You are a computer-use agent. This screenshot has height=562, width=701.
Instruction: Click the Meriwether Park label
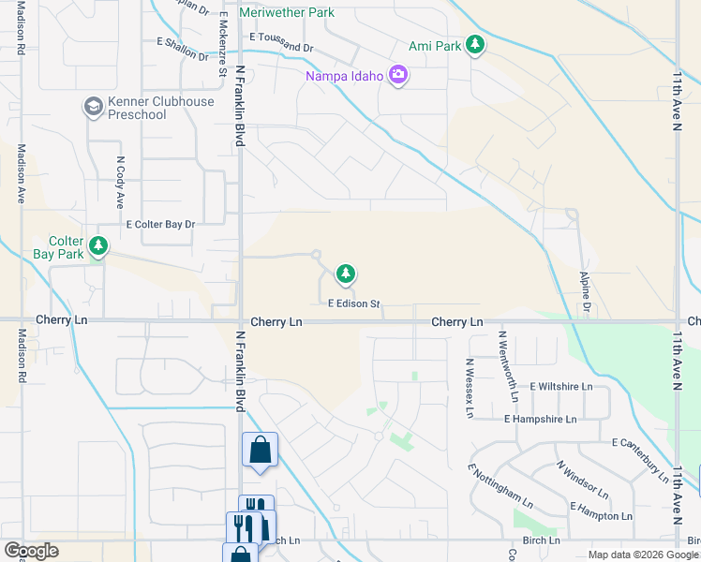pos(286,13)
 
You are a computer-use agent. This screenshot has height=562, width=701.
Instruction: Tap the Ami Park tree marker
pos(475,45)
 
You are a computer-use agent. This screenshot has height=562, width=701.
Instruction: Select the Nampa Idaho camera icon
pos(397,75)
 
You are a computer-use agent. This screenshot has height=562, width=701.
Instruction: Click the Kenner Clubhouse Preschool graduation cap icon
pos(93,108)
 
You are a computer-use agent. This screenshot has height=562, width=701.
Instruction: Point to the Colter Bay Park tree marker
pos(97,247)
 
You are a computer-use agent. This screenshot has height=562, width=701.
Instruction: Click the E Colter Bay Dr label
pos(160,225)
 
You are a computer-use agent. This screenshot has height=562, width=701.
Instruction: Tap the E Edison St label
pos(353,303)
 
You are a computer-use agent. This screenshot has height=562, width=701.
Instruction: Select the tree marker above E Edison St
pos(346,274)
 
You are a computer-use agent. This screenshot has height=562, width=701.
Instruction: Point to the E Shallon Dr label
pos(183,50)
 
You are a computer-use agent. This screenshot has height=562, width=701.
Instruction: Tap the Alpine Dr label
pos(586,293)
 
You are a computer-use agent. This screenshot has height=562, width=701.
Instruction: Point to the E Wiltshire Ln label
pos(561,386)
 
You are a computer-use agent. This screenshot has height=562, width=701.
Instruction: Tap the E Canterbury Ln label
pos(650,449)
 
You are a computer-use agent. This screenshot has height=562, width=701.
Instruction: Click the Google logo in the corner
pos(31,551)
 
